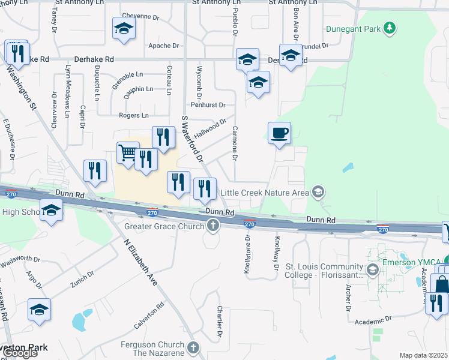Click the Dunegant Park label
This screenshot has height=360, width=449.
coord(354,28)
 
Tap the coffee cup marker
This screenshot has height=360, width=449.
coord(279,133)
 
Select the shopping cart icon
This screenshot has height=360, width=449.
coord(128,154)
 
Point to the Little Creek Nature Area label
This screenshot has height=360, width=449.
coord(265,193)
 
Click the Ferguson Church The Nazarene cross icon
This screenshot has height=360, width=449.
coord(193,348)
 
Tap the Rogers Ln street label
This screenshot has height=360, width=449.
coord(134,115)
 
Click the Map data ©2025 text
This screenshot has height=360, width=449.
coord(423,355)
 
